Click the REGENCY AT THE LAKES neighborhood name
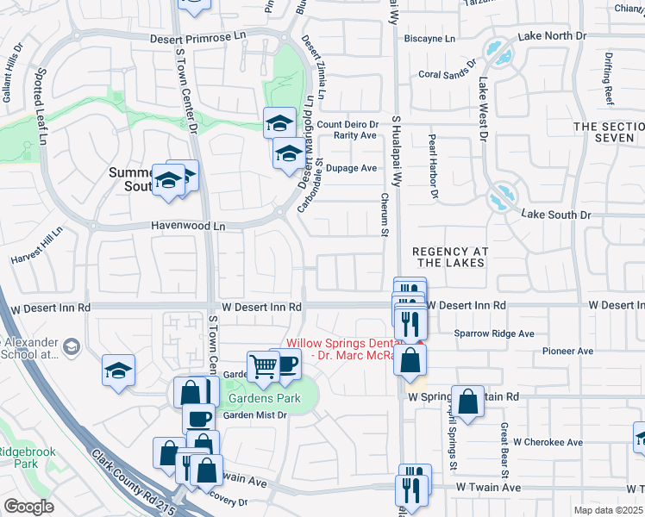pos(450,257)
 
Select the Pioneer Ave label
pos(567,352)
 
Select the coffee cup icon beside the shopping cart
pos(285,364)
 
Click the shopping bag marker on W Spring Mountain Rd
pos(467,402)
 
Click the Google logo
pos(28,506)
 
